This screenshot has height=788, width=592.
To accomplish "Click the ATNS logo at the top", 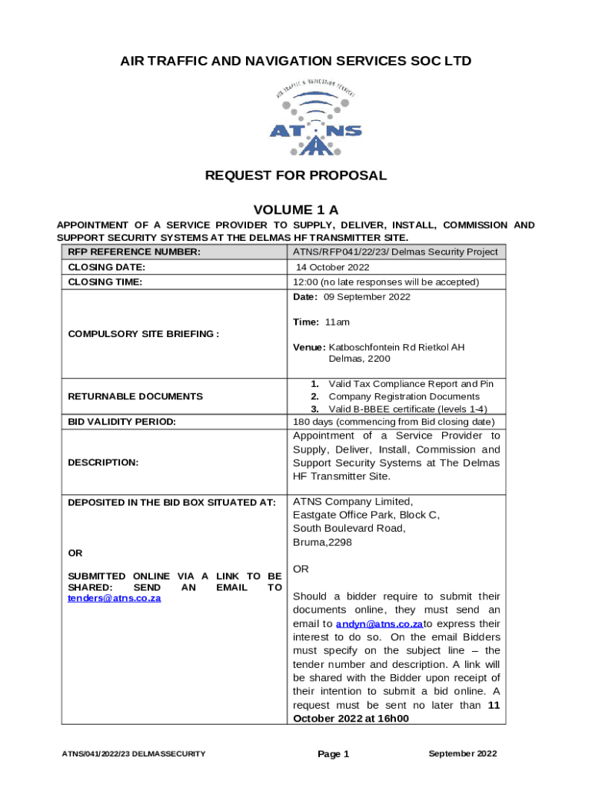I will point(315,117).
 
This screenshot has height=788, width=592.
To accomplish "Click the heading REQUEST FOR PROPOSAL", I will point(296,175).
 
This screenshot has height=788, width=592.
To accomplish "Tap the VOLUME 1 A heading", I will point(296,210).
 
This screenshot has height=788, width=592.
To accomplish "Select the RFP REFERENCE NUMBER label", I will point(135,252).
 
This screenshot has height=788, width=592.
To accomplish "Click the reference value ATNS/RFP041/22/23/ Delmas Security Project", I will point(395,252).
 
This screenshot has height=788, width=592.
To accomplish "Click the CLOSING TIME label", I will point(106,282).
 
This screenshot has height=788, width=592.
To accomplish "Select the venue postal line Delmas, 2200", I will point(359,359).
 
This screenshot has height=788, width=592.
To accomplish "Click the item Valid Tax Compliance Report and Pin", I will point(411,383).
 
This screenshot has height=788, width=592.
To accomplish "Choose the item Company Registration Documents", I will point(400,396).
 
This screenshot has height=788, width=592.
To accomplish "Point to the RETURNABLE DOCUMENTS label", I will point(135,396).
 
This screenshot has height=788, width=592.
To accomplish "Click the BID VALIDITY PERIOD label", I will point(122,422).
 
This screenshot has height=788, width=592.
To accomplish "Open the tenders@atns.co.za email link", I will point(115,598).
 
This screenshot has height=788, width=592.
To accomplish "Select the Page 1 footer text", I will point(334,754).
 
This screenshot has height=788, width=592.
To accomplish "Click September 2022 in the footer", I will point(462,753).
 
